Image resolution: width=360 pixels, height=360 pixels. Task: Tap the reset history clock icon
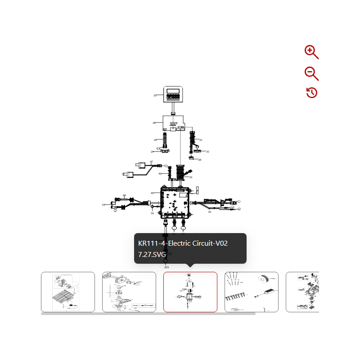tap(312, 93)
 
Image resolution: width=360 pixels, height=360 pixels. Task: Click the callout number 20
tap(155, 95)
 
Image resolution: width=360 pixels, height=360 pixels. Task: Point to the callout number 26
tap(154, 123)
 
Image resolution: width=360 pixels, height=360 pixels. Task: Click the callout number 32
tap(155, 140)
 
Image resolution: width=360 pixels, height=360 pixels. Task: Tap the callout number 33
tap(201, 140)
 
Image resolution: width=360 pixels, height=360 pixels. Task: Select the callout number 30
tap(207, 152)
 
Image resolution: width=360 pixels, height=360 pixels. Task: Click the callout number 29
tap(200, 160)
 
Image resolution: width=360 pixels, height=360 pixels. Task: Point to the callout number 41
tap(152, 162)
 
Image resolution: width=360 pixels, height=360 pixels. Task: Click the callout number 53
tap(103, 205)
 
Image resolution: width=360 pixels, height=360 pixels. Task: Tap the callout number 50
tap(210, 212)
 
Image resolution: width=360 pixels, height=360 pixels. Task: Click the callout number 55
tap(152, 213)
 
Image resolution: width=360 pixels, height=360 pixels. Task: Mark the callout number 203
tap(166, 267)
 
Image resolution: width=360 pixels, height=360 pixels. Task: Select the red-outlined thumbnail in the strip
tap(190, 292)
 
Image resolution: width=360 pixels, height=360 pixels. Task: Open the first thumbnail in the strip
tap(68, 292)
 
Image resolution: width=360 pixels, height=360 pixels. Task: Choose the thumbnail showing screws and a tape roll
tap(251, 292)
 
